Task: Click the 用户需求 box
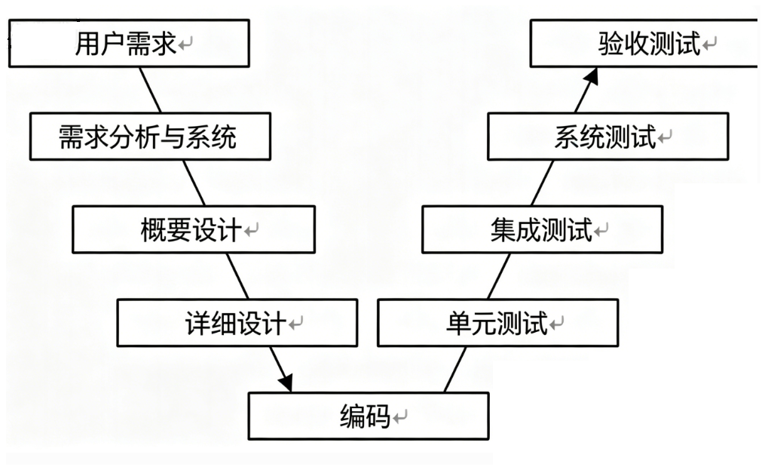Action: [130, 44]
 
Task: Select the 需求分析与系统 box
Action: [150, 137]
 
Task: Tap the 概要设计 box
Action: [194, 229]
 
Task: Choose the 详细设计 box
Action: [237, 323]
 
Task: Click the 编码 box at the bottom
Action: [369, 416]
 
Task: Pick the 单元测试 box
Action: [498, 323]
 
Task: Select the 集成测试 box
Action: [542, 229]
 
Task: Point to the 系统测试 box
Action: [608, 137]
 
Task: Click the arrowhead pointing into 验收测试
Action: [592, 76]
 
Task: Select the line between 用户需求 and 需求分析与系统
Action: [150, 90]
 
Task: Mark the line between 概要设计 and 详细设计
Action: [237, 276]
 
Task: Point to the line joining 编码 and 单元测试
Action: [455, 370]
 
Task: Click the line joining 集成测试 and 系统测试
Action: [543, 183]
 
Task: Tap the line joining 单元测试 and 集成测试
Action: [499, 276]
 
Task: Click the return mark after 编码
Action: [400, 416]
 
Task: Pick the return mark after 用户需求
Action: [185, 44]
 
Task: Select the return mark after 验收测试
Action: [709, 44]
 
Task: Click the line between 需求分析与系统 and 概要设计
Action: [194, 183]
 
